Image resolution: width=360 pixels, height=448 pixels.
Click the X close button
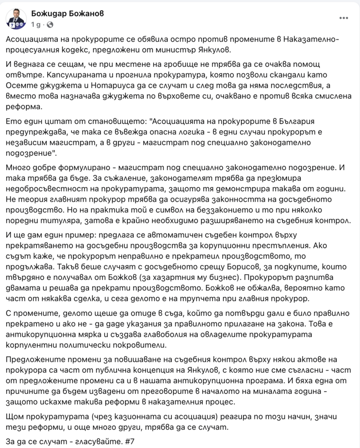[x=346, y=17]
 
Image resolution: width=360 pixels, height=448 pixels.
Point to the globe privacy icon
[x=50, y=24]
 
